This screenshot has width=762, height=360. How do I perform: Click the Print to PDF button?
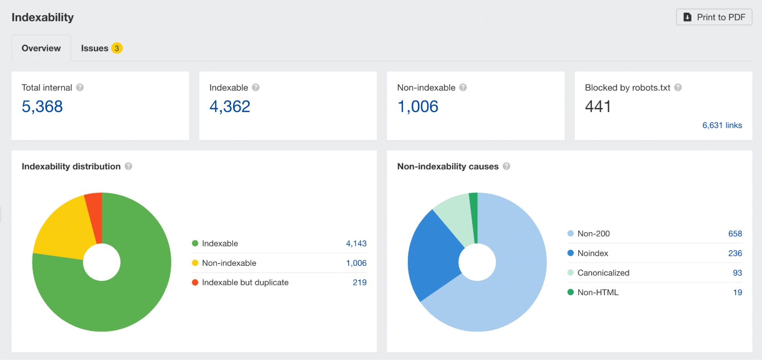(714, 17)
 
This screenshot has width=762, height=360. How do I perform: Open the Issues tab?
(95, 48)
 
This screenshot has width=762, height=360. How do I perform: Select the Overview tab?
(41, 48)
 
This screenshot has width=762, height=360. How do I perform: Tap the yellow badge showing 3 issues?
(117, 48)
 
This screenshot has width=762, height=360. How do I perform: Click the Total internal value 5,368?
(42, 106)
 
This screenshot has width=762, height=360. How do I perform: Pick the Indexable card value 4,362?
(230, 106)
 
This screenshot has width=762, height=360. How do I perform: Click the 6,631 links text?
(722, 125)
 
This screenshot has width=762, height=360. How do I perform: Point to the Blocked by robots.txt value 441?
(598, 106)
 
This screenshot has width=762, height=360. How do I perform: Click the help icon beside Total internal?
(80, 87)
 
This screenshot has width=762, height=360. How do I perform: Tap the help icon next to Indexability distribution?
(128, 166)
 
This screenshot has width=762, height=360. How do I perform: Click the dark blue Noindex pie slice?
(435, 256)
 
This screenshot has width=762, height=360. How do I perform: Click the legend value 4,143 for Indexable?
(356, 244)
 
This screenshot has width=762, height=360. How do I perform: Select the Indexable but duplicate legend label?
(245, 283)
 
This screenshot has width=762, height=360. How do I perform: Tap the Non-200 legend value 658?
(735, 234)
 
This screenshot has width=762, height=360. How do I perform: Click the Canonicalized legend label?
(603, 273)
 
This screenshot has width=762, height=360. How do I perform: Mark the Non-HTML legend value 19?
(737, 292)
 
